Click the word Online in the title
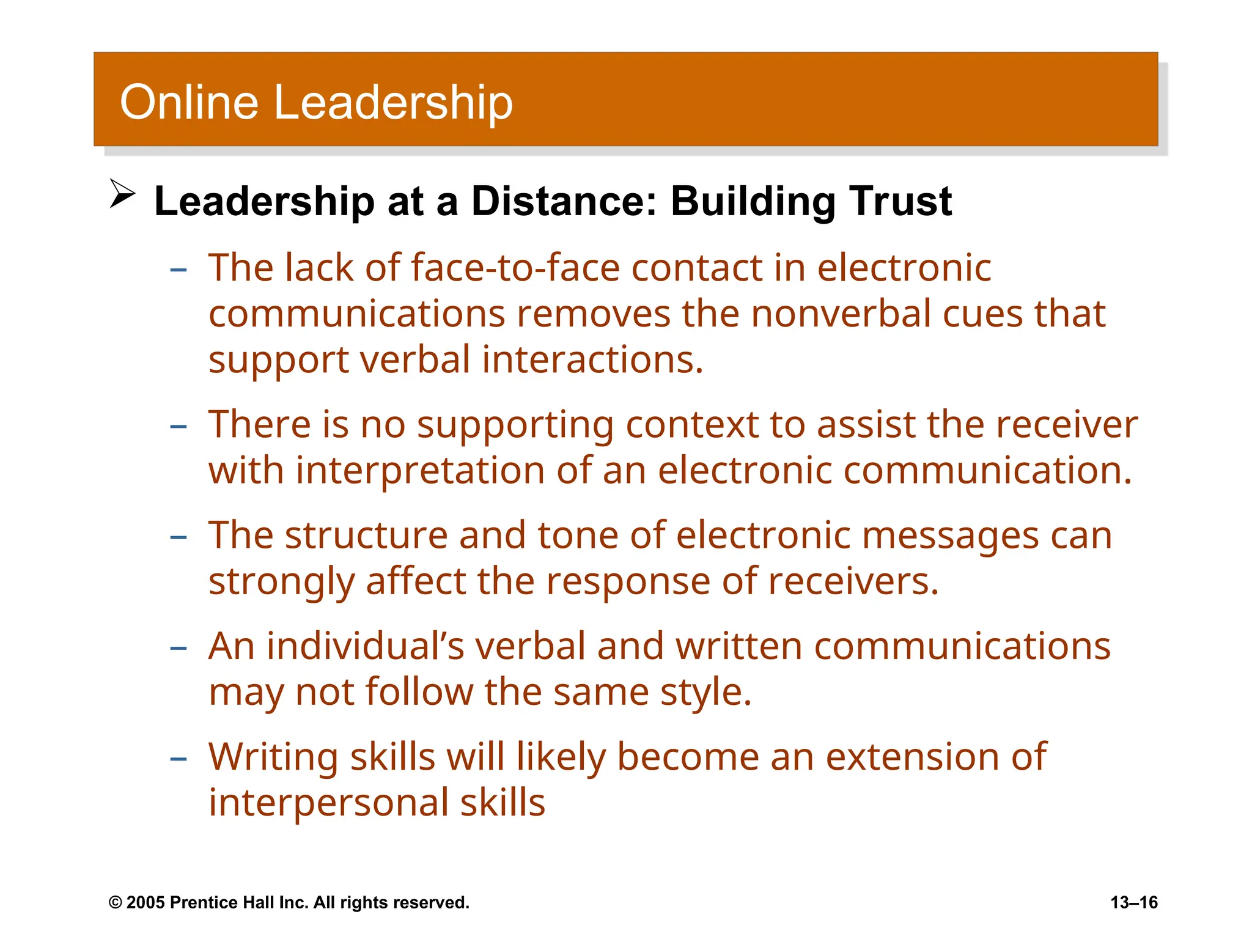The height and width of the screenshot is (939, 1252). pyautogui.click(x=189, y=102)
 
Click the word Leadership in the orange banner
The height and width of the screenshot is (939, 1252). pyautogui.click(x=393, y=102)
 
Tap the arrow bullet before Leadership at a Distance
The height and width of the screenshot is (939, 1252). pyautogui.click(x=122, y=194)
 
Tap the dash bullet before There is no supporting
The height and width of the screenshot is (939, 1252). pyautogui.click(x=178, y=426)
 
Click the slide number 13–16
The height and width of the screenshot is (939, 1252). pyautogui.click(x=1133, y=902)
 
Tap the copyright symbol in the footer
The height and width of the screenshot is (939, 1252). pyautogui.click(x=115, y=903)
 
